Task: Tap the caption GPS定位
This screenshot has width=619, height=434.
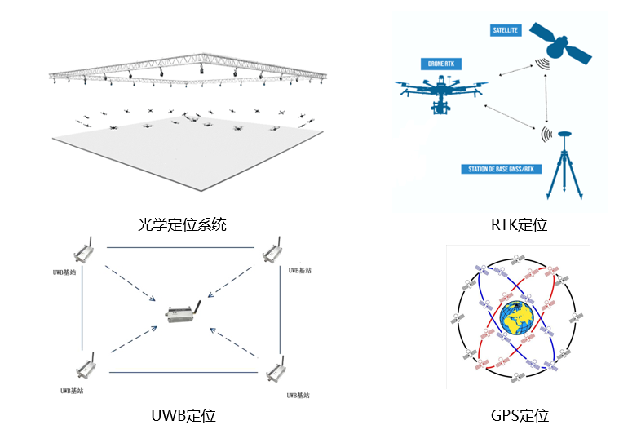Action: (520, 416)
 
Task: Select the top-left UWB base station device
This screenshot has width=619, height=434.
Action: (83, 250)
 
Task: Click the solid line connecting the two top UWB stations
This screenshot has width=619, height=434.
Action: (179, 246)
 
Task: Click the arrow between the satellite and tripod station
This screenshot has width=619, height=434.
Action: (545, 98)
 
